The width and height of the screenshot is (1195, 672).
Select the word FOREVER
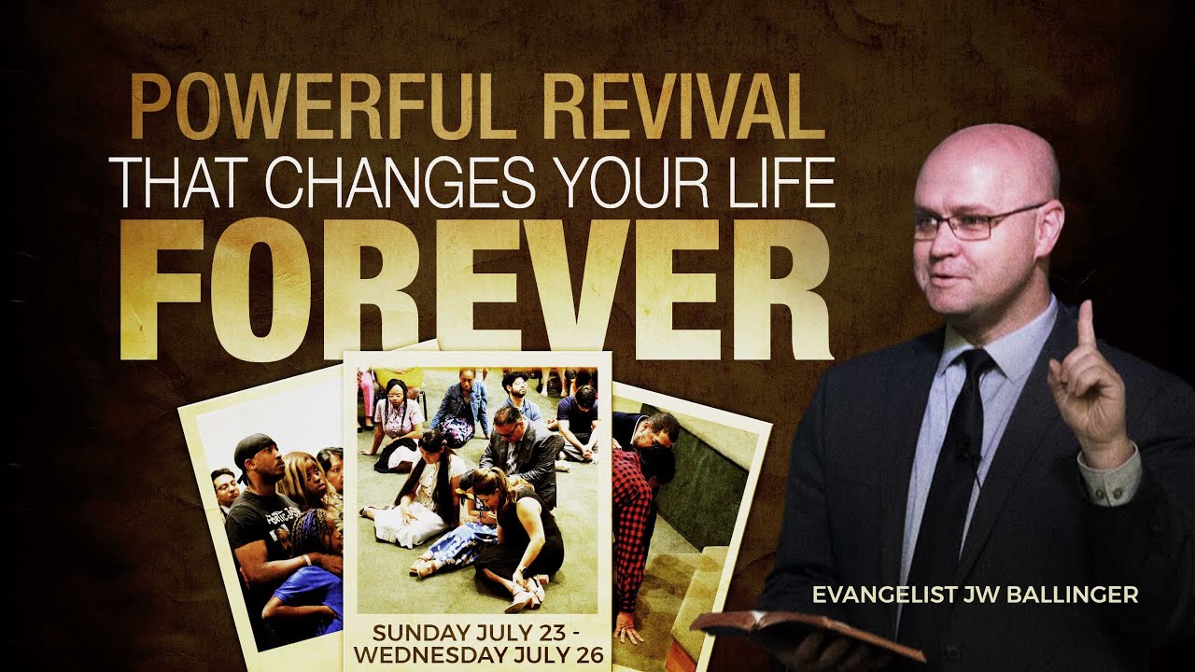tap(476, 289)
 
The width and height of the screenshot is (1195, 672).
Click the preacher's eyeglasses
tap(971, 222)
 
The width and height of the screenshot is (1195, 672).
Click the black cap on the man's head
tap(253, 448)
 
